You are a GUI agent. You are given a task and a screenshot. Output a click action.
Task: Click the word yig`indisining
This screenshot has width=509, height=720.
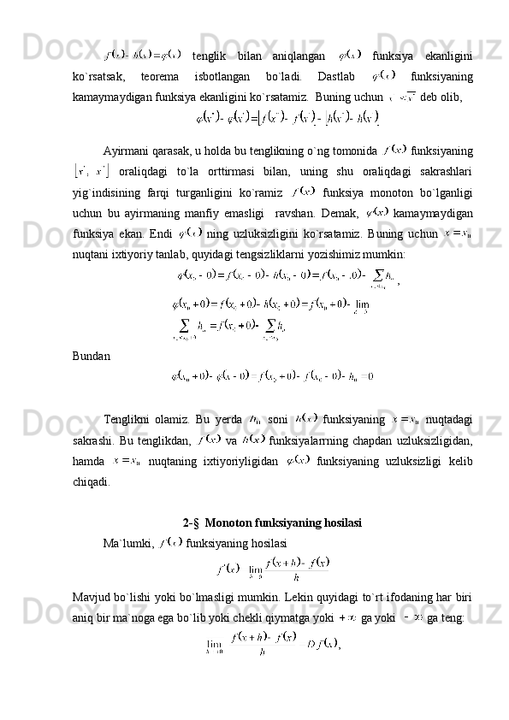tap(108, 190)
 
